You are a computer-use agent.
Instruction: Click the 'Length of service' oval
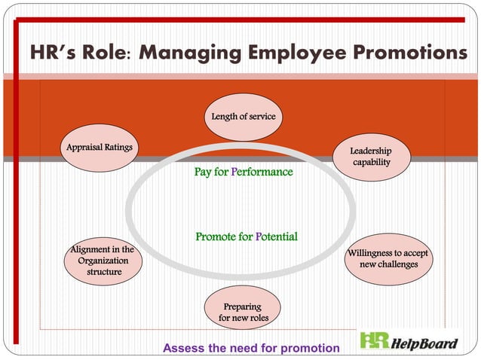coord(243,117)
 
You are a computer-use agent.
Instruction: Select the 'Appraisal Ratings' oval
coord(99,147)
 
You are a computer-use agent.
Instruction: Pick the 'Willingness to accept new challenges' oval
coord(388,258)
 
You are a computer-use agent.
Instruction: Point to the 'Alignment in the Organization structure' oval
coord(103,261)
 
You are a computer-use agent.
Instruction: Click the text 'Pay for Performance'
coord(243,172)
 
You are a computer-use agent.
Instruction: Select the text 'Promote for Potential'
coord(247,236)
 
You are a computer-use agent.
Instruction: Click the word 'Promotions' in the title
coord(403,53)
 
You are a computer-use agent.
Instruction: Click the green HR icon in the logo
coord(374,340)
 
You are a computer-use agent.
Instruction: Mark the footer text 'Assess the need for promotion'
coord(251,348)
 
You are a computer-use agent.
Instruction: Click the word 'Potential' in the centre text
coord(276,236)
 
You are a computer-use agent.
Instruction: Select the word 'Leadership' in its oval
coord(371,151)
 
